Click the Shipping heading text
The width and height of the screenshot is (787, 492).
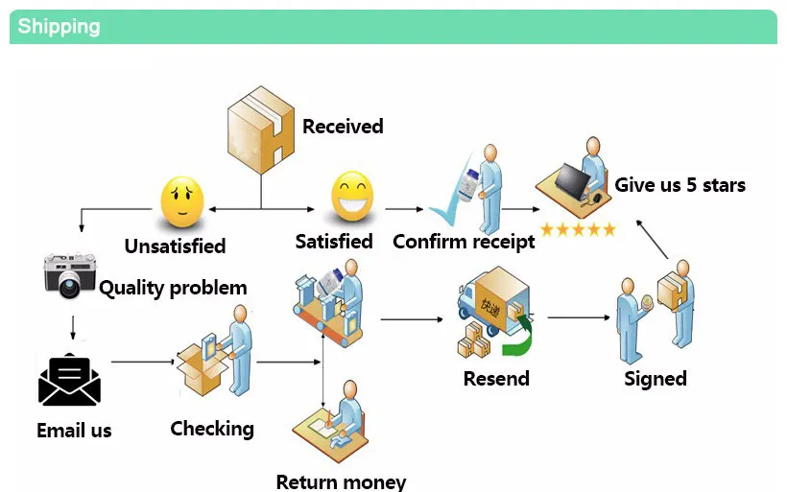59,27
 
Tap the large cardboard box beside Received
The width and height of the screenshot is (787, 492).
261,129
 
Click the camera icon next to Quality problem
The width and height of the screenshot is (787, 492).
69,275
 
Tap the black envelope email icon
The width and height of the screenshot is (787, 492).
69,380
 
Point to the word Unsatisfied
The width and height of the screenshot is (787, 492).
176,246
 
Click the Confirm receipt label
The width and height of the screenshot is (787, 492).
464,242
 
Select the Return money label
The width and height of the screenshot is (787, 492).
341,482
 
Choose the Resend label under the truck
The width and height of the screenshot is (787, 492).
496,379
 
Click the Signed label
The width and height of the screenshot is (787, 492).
656,379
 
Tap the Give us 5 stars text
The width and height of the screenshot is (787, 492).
680,185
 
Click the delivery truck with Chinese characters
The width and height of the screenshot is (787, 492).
493,301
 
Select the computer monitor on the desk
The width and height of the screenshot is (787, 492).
572,180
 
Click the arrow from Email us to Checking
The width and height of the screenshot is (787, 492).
143,362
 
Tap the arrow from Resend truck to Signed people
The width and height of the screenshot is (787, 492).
579,317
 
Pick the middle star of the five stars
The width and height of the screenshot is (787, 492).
578,230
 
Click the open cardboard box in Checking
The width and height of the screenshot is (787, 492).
202,368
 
